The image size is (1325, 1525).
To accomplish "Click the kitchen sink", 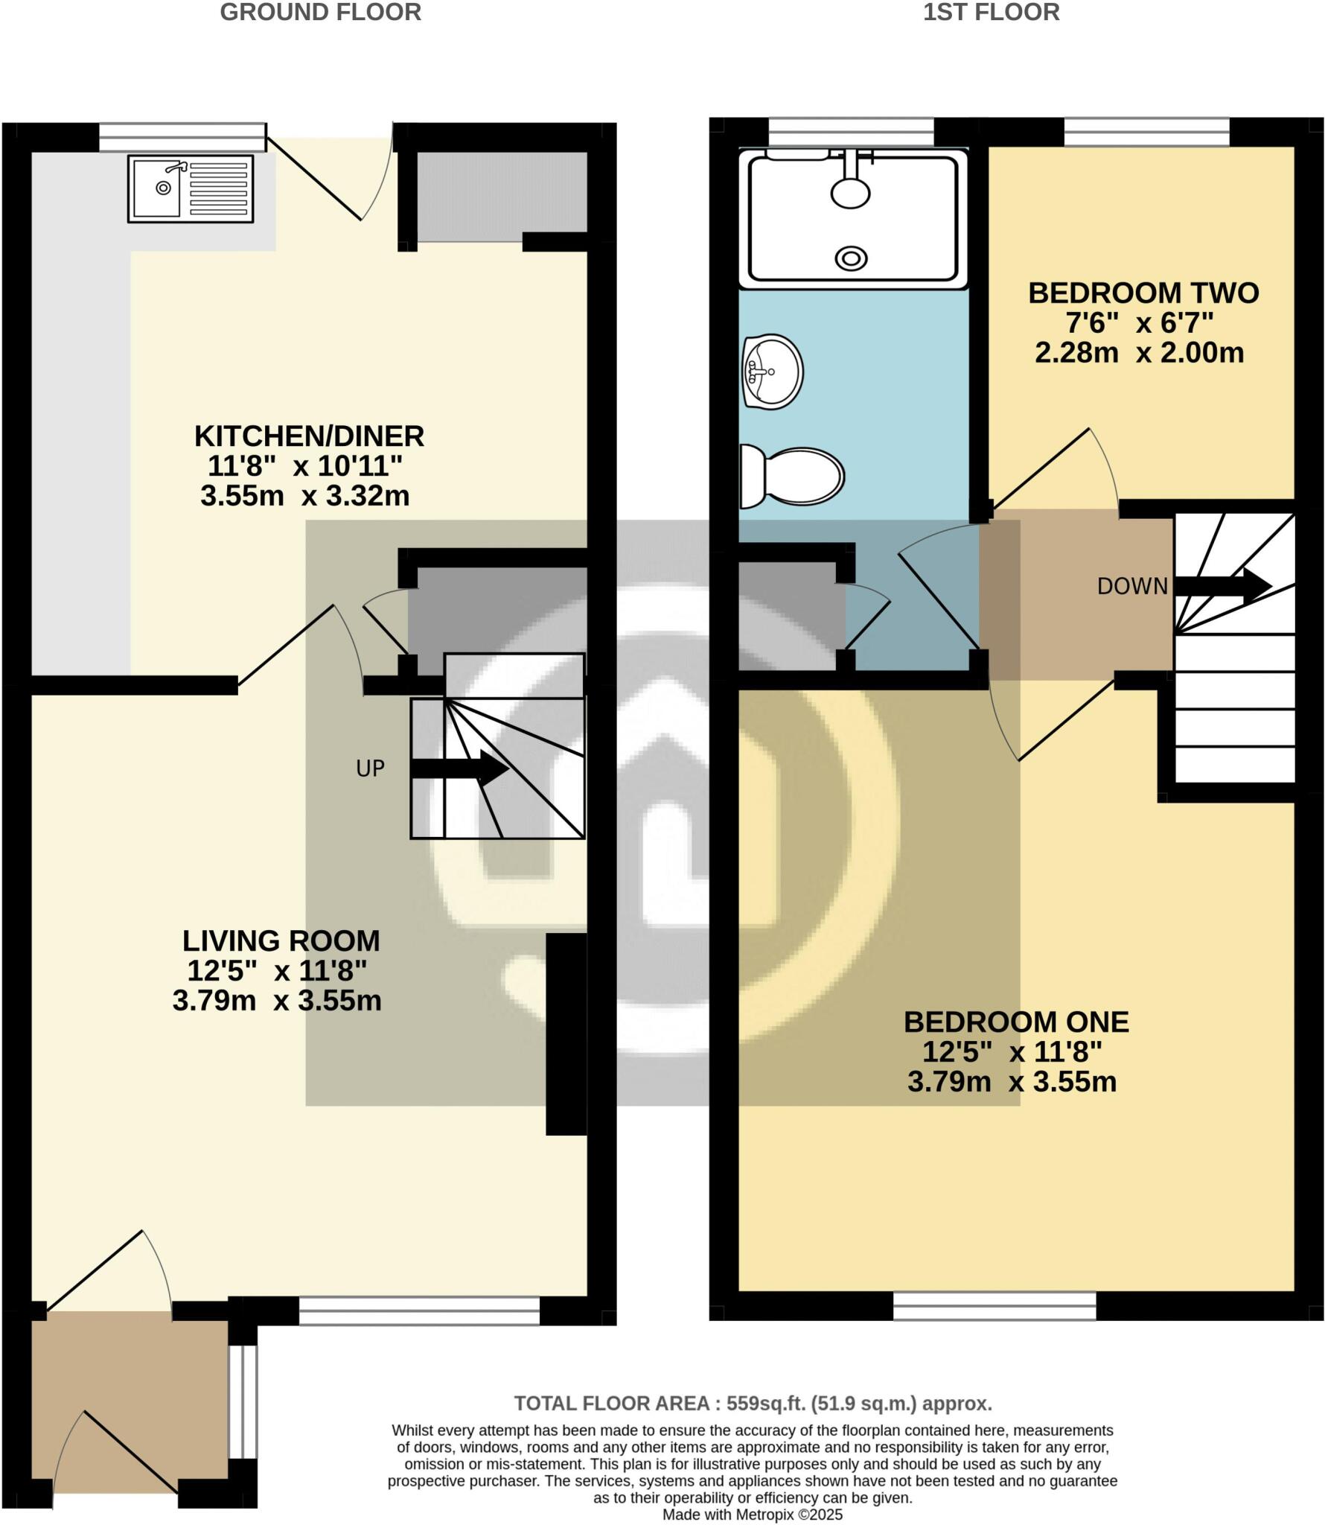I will tap(191, 188).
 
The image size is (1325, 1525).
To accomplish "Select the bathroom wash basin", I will tap(773, 372).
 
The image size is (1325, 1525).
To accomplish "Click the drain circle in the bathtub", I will tap(851, 258).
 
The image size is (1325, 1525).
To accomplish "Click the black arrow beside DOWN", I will tap(1221, 585).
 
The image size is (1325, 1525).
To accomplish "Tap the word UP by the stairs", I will tap(370, 768).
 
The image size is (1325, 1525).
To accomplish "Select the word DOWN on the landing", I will tap(1132, 587).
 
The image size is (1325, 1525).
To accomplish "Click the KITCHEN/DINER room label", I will tap(309, 436).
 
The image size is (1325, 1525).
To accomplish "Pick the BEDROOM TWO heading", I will tap(1143, 293).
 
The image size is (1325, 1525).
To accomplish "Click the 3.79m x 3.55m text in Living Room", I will tap(277, 1001).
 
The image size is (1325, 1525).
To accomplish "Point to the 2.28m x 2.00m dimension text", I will tap(1139, 352).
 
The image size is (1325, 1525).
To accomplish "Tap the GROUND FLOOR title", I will tap(321, 13).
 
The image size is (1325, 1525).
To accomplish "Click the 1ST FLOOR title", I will tap(991, 13).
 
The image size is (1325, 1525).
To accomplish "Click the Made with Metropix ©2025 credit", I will tap(752, 1515).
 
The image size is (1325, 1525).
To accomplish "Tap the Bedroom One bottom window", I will tap(994, 1305).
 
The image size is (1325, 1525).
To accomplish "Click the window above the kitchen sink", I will tap(182, 137).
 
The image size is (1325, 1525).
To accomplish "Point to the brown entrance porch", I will tap(129, 1411).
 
